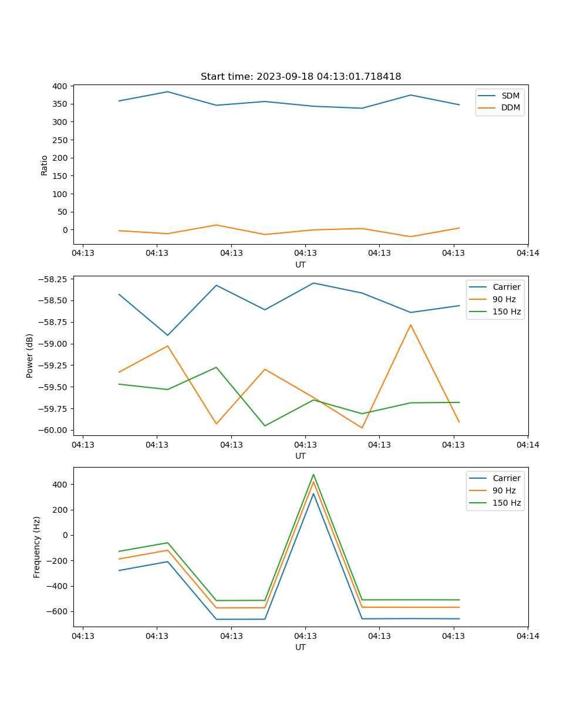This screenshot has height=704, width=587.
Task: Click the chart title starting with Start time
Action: pyautogui.click(x=301, y=77)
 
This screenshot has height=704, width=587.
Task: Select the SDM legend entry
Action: pyautogui.click(x=510, y=96)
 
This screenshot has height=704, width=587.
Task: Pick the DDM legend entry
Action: pyautogui.click(x=510, y=108)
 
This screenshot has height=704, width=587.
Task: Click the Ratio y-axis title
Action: pyautogui.click(x=45, y=165)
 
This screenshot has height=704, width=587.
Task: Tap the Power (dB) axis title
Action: pyautogui.click(x=30, y=356)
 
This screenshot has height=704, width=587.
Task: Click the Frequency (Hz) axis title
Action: pyautogui.click(x=37, y=547)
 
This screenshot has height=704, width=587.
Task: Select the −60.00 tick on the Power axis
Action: pyautogui.click(x=53, y=430)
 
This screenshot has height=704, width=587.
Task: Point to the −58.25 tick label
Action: pyautogui.click(x=53, y=279)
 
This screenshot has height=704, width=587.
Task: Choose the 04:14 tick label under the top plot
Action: pyautogui.click(x=528, y=253)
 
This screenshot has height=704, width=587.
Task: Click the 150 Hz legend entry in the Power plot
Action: pyautogui.click(x=506, y=312)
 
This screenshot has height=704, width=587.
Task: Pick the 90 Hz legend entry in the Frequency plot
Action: pyautogui.click(x=504, y=490)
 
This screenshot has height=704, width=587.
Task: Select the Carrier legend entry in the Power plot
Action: pyautogui.click(x=506, y=287)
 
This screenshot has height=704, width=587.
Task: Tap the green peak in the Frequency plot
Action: pyautogui.click(x=313, y=475)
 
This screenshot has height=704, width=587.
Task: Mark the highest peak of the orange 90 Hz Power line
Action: pyautogui.click(x=410, y=325)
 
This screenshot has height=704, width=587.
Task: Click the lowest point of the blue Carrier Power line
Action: pyautogui.click(x=168, y=336)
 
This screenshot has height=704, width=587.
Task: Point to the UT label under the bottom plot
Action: pyautogui.click(x=301, y=647)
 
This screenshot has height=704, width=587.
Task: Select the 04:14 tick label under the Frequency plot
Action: pyautogui.click(x=528, y=636)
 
